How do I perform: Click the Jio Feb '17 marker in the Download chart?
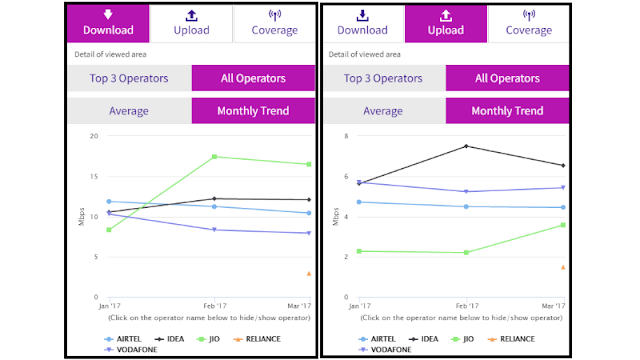click(x=214, y=157)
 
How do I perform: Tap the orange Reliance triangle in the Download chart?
click(x=309, y=273)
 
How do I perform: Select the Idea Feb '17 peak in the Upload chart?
click(x=466, y=146)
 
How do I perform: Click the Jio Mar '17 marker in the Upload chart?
click(x=563, y=225)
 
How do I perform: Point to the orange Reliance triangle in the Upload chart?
click(x=563, y=267)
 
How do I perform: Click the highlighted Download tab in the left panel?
click(x=108, y=23)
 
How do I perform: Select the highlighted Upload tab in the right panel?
click(x=446, y=23)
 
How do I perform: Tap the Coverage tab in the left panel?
click(x=275, y=23)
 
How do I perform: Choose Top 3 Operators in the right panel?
click(x=383, y=78)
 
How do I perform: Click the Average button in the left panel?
click(x=129, y=111)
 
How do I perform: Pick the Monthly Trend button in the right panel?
click(x=507, y=111)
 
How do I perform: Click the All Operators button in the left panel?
click(x=253, y=78)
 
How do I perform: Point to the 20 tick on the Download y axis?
click(x=94, y=136)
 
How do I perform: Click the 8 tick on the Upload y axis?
click(x=346, y=136)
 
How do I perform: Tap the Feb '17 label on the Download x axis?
click(x=215, y=306)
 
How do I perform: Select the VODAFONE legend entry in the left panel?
click(x=131, y=350)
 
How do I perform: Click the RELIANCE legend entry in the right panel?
click(x=511, y=339)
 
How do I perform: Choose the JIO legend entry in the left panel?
click(x=208, y=339)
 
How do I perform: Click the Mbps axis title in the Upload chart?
click(x=336, y=217)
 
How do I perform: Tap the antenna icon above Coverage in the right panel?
click(x=529, y=15)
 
